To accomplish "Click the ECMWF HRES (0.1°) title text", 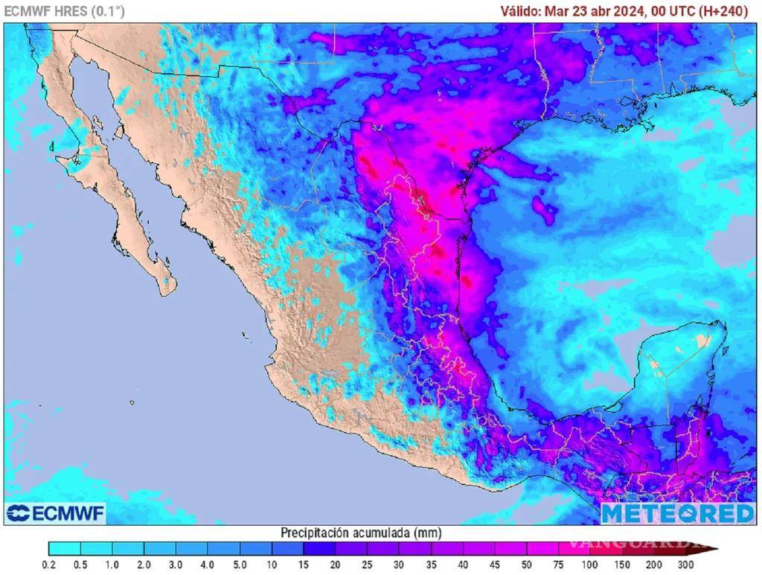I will click(x=65, y=10).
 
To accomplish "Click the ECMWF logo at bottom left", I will click(x=56, y=513).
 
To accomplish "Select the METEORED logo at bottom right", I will click(x=677, y=513).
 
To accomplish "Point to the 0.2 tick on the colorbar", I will click(x=49, y=565).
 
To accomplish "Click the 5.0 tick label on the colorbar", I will click(x=240, y=565).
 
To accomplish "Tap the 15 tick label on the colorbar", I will click(x=304, y=565).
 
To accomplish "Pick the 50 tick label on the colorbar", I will click(x=526, y=565).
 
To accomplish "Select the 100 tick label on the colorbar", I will click(x=590, y=565).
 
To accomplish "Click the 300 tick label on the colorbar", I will click(x=685, y=565).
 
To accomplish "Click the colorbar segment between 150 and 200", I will click(x=638, y=550).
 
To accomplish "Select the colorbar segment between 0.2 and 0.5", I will click(x=65, y=550).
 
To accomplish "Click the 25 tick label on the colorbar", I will click(x=367, y=565).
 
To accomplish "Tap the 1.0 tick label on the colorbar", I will click(x=112, y=565).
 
